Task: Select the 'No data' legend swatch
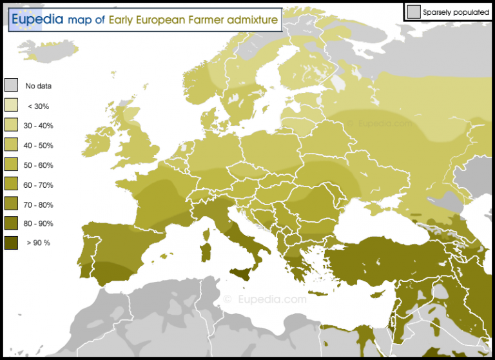click(x=11, y=85)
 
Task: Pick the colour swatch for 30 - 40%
click(x=11, y=125)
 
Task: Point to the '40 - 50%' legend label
click(x=39, y=145)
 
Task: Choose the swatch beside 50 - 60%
click(x=11, y=165)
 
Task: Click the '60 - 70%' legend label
click(x=39, y=185)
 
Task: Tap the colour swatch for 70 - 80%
click(x=11, y=204)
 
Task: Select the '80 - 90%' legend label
click(x=39, y=224)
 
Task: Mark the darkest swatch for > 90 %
click(x=11, y=243)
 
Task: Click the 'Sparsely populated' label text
click(x=456, y=12)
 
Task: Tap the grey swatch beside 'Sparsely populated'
click(x=414, y=11)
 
